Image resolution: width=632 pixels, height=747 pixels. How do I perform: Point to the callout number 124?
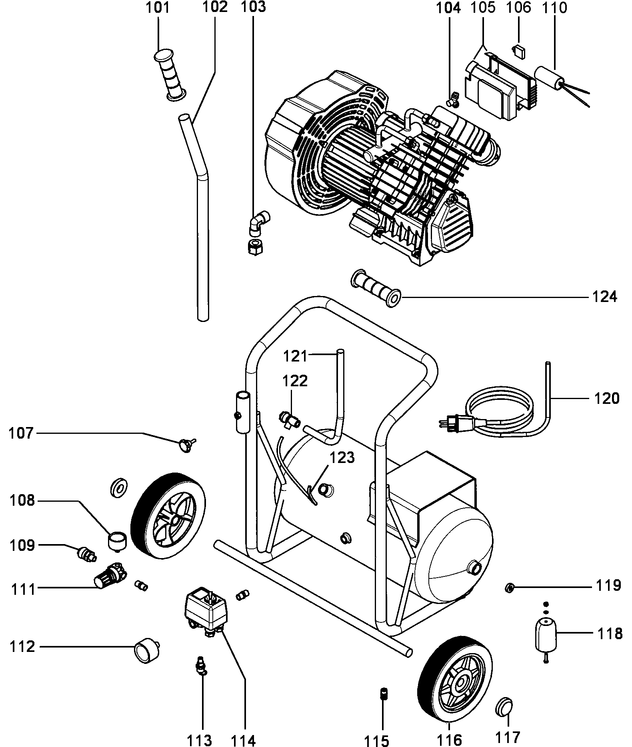click(605, 297)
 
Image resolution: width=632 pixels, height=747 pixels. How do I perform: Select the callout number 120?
click(606, 398)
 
